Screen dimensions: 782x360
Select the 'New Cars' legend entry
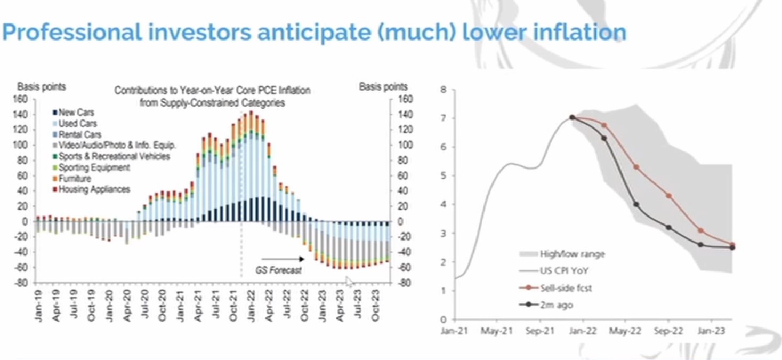[74, 113]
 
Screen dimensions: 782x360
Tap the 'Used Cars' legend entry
[75, 124]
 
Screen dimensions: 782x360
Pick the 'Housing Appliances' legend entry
[91, 189]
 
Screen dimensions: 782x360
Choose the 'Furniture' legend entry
[72, 179]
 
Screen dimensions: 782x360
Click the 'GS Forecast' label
[278, 270]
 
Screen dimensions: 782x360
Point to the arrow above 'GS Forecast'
[283, 259]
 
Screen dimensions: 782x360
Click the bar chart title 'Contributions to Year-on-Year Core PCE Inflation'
[212, 91]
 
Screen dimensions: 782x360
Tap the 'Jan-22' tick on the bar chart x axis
[252, 306]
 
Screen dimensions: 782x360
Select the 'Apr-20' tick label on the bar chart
[127, 306]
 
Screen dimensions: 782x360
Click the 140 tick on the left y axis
[20, 115]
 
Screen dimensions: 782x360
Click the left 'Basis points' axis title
[42, 86]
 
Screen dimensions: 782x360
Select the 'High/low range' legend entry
[562, 254]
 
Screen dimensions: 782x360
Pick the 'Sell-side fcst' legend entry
[555, 288]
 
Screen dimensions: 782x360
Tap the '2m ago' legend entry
[546, 305]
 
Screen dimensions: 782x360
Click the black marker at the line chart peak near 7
[572, 117]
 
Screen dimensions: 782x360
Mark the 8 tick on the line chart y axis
[444, 90]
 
